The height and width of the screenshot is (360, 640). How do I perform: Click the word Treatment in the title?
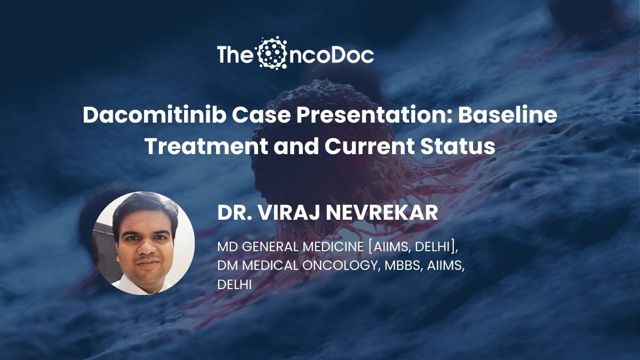(x=207, y=146)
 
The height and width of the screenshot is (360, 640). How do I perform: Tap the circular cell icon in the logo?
(x=272, y=53)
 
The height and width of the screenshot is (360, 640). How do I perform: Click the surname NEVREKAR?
(x=382, y=213)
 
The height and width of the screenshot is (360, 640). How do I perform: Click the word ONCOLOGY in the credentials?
(x=340, y=266)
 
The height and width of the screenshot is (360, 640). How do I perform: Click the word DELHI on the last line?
(x=235, y=285)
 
